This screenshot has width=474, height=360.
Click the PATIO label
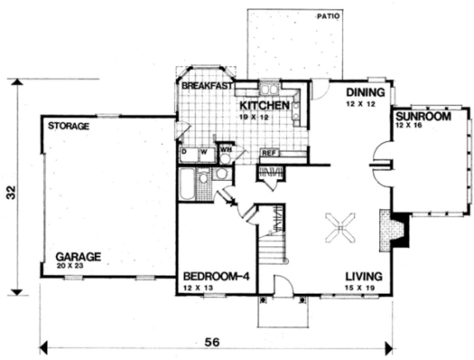[328, 16]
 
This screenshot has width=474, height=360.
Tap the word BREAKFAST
[207, 86]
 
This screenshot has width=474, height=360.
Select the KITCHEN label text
[265, 106]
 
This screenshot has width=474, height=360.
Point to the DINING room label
[366, 92]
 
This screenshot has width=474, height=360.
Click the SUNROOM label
[423, 116]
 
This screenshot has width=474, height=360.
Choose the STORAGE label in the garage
[69, 126]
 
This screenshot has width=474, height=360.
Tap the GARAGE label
[78, 257]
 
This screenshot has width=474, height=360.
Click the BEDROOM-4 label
[216, 277]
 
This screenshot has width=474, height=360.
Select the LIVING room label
[364, 277]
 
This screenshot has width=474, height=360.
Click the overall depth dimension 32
[11, 192]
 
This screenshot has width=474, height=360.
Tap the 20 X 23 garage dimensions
[70, 266]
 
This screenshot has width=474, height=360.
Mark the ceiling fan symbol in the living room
[340, 227]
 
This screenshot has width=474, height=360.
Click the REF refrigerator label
[269, 153]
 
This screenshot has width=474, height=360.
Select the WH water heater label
[226, 150]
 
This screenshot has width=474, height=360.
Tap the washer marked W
[207, 155]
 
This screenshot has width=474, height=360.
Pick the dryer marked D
[190, 155]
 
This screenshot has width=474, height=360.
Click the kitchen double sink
[269, 89]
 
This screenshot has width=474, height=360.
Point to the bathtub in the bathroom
[187, 184]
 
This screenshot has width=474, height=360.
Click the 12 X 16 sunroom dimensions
[408, 125]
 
